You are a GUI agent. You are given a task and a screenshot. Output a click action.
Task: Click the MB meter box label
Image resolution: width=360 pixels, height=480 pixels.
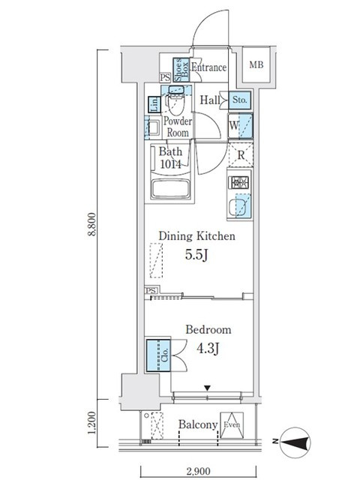coord(256,65)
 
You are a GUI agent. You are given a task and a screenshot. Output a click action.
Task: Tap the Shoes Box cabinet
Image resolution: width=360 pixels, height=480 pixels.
coord(181,70)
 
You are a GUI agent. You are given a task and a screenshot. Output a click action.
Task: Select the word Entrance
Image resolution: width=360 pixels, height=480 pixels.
coord(208,67)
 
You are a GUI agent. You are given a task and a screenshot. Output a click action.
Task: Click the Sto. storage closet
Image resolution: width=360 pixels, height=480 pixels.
coord(240,100)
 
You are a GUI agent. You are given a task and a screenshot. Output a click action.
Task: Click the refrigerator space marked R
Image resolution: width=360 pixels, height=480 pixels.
coord(241,155)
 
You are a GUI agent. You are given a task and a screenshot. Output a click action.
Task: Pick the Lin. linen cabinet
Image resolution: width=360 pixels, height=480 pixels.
coord(154,105)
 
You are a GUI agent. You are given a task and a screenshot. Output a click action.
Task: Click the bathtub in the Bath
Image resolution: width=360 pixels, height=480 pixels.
coord(169,189)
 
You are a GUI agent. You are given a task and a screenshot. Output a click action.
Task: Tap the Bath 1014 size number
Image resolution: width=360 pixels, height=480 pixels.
coord(170,164)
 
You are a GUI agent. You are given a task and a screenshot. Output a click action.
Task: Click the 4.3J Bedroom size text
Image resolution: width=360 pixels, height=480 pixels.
coord(208,348)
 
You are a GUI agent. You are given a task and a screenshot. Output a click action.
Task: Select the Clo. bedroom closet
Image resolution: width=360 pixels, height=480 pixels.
coord(158,355)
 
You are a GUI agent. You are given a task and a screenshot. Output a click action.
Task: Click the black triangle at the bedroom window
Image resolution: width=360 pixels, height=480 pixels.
coord(208,388)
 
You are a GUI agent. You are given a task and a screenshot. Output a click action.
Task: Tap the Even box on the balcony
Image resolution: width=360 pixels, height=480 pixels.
coord(232,425)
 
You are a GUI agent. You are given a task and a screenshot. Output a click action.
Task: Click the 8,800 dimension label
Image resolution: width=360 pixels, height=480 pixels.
coord(92,224)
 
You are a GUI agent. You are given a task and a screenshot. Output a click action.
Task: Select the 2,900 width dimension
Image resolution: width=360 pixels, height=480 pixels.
coord(198,471)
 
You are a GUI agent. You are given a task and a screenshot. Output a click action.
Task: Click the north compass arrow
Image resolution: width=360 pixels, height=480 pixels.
coord(294,442)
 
